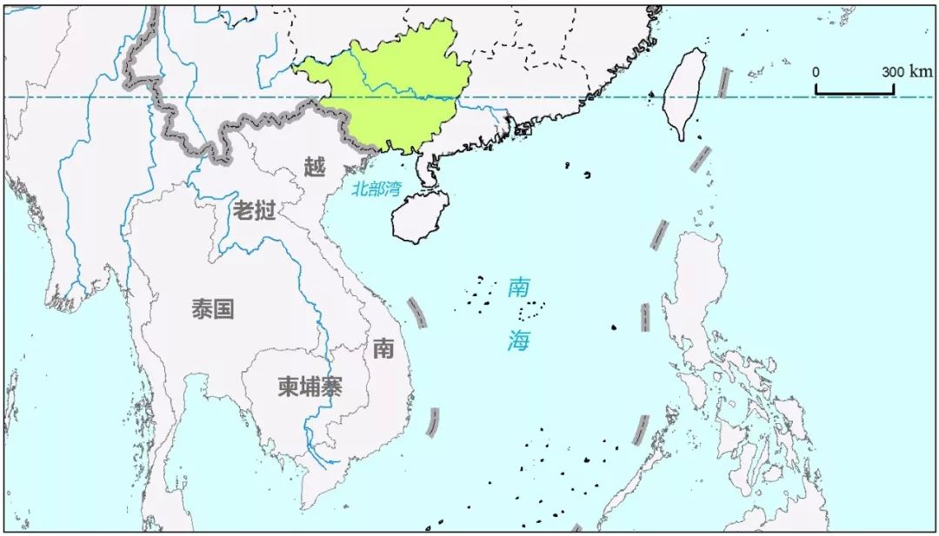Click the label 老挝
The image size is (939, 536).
pos(254,209)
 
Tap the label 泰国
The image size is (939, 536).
pos(213,308)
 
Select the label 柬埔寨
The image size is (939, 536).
pos(310,387)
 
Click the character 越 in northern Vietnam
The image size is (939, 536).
pos(314,166)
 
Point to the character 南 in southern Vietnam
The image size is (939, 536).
pos(383,348)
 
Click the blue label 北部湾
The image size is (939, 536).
pos(376,188)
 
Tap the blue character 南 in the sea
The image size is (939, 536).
pos(519,288)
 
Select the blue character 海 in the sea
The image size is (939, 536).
pos(519,341)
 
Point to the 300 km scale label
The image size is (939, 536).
pos(906,71)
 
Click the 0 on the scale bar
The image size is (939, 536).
pos(816,71)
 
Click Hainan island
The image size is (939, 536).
pos(421,216)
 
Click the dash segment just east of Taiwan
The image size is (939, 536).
pos(723,83)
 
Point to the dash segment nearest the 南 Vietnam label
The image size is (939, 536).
pos(418,313)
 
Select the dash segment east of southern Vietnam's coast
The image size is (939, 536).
pos(433,422)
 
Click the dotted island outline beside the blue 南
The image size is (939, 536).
pos(529,312)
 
